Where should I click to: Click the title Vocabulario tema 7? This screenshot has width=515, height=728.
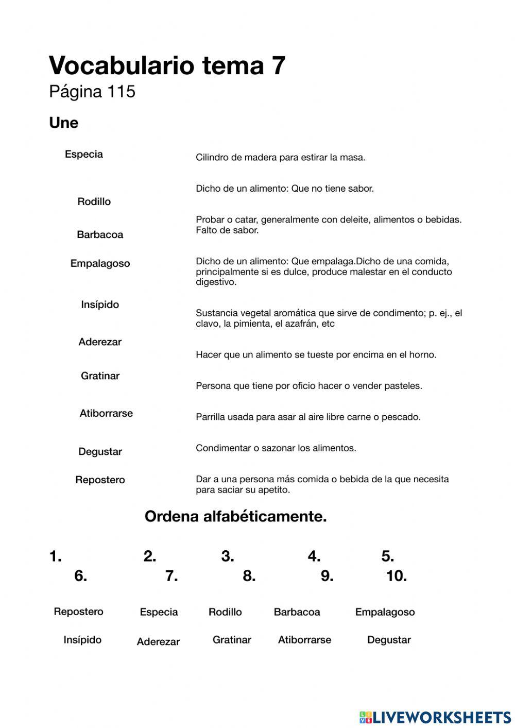(167, 65)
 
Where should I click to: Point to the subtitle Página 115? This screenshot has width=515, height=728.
(92, 92)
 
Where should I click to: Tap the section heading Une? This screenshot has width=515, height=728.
(64, 123)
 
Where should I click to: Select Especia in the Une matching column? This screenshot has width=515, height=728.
(84, 154)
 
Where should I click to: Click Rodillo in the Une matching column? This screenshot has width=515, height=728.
(94, 201)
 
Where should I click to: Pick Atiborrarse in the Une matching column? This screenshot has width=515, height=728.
(106, 413)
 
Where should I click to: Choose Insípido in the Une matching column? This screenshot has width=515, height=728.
(100, 304)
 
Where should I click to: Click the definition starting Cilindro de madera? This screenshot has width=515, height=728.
(280, 157)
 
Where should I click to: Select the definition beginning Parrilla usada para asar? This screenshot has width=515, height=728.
(308, 417)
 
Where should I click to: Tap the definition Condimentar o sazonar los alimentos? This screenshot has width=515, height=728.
(276, 448)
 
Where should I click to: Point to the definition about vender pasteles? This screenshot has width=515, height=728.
(308, 386)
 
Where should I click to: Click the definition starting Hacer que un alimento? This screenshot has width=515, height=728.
(316, 354)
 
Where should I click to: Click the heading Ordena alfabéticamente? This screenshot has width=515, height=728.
(235, 516)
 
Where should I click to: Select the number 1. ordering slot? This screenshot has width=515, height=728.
(56, 556)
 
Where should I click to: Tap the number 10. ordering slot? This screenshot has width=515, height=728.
(397, 576)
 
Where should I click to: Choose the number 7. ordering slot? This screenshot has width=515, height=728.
(172, 576)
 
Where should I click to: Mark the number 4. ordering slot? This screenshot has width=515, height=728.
(314, 556)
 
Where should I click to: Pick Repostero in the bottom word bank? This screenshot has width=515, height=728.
(78, 612)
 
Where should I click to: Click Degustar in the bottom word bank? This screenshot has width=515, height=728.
(389, 640)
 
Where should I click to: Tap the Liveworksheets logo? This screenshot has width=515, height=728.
(435, 717)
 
